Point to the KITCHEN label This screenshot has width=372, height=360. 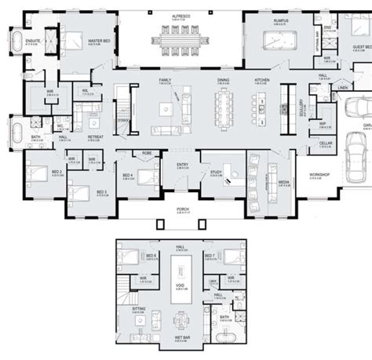tap(261, 81)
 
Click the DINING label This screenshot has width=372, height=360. tap(224, 81)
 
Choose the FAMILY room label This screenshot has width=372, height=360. tap(165, 81)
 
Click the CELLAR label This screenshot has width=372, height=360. tap(315, 142)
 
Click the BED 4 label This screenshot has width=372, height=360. tap(126, 175)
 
